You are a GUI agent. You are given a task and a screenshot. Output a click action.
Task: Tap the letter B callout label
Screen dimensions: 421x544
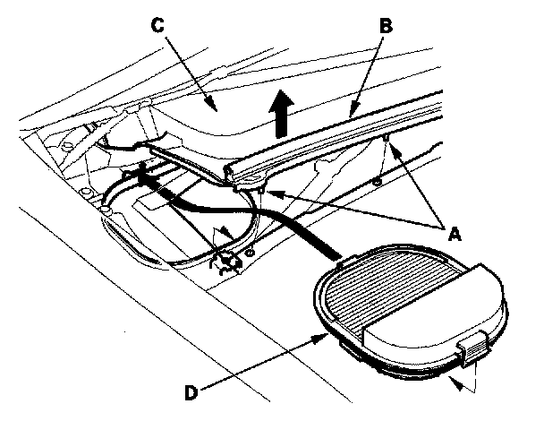coord(387,28)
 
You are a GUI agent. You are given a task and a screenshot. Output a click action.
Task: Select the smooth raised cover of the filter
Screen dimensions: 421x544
coord(429,328)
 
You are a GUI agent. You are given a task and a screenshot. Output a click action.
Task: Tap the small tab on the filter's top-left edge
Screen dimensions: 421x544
coord(341,265)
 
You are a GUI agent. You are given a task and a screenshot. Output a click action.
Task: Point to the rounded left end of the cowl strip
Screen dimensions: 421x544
coord(231,168)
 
